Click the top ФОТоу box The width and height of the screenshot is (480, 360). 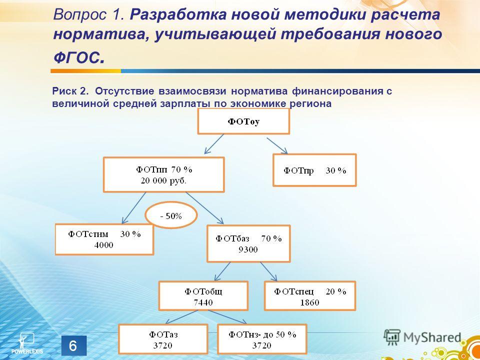[243, 121]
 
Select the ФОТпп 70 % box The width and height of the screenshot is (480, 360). [164, 174]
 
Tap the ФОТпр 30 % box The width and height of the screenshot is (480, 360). [314, 170]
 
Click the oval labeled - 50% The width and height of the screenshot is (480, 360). [171, 215]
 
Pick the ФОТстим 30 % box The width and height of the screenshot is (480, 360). [104, 239]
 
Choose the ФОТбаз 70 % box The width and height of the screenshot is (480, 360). [248, 243]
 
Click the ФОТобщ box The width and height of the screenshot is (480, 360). [203, 295]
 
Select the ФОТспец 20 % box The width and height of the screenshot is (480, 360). [310, 295]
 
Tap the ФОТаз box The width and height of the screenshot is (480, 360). [163, 339]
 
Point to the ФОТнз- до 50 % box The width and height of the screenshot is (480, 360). [261, 339]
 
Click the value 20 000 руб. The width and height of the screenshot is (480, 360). [163, 180]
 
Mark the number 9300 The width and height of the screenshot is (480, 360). [248, 249]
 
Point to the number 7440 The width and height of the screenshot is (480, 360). [203, 302]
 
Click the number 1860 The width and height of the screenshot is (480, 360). [309, 302]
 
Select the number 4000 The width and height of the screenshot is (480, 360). [104, 245]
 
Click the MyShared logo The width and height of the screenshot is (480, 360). [422, 337]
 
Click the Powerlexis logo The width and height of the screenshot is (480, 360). [27, 343]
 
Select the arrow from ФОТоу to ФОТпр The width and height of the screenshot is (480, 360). [277, 145]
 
